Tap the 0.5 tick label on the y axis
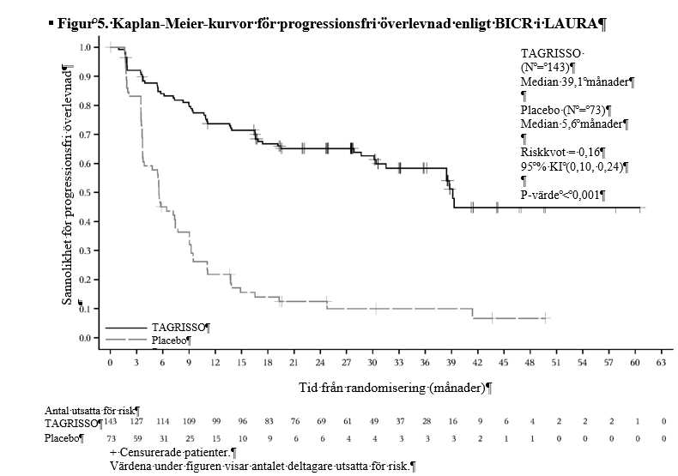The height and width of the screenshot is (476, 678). (x=86, y=192)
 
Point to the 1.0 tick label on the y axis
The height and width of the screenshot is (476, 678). (x=86, y=47)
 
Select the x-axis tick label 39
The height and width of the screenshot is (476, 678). (x=451, y=363)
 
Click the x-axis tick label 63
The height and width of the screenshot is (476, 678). (x=661, y=363)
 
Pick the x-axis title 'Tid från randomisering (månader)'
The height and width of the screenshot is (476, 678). (x=392, y=388)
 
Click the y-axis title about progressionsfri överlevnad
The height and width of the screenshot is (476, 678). (x=67, y=186)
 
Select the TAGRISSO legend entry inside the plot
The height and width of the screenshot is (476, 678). (x=178, y=328)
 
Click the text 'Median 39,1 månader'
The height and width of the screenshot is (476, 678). (x=575, y=81)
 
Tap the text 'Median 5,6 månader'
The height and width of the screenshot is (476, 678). (x=572, y=124)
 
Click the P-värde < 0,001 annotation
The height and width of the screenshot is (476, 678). (x=560, y=195)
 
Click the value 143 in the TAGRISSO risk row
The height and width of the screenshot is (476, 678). (x=110, y=421)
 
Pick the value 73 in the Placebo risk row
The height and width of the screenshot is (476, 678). (x=111, y=438)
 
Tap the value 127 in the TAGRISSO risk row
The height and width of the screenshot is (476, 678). (x=136, y=421)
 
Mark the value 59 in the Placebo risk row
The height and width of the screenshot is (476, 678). (x=137, y=438)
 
